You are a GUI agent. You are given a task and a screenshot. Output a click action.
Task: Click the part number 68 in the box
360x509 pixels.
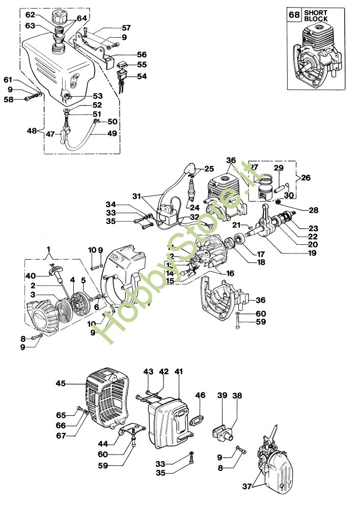click(294, 15)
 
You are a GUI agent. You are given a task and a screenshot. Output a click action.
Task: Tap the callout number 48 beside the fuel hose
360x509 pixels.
click(33, 130)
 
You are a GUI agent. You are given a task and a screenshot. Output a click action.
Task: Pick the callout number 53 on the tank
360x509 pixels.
click(97, 95)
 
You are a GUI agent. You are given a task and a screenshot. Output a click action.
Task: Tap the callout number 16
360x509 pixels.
click(230, 273)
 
